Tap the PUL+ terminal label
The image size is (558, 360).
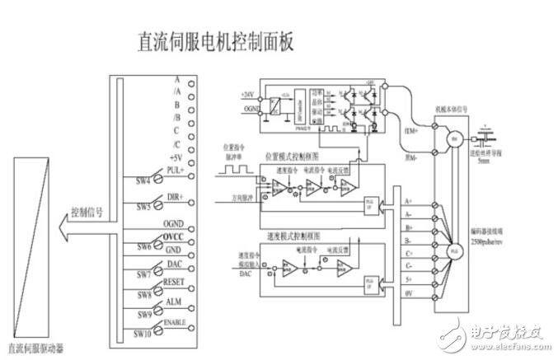coord(172,169)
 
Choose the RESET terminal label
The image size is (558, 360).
coord(176,282)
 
